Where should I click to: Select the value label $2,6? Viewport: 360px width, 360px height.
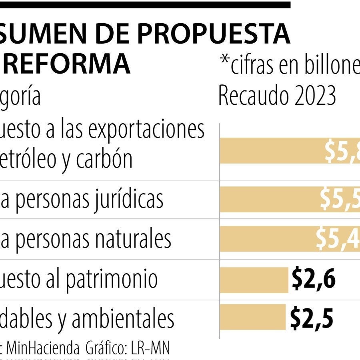(x=313, y=279)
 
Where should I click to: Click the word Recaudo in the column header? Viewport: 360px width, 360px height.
(x=250, y=96)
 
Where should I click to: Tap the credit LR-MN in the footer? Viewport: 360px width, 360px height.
(x=150, y=349)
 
